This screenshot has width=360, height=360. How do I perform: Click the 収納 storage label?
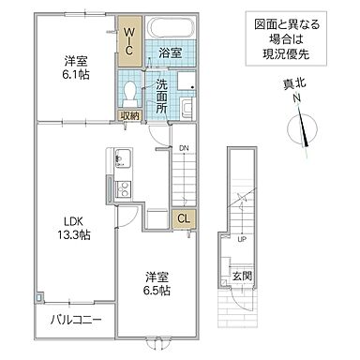(129, 115)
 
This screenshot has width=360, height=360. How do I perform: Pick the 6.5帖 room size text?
(157, 292)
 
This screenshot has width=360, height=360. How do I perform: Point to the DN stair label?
(184, 147)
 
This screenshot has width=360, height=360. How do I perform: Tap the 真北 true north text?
(294, 82)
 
